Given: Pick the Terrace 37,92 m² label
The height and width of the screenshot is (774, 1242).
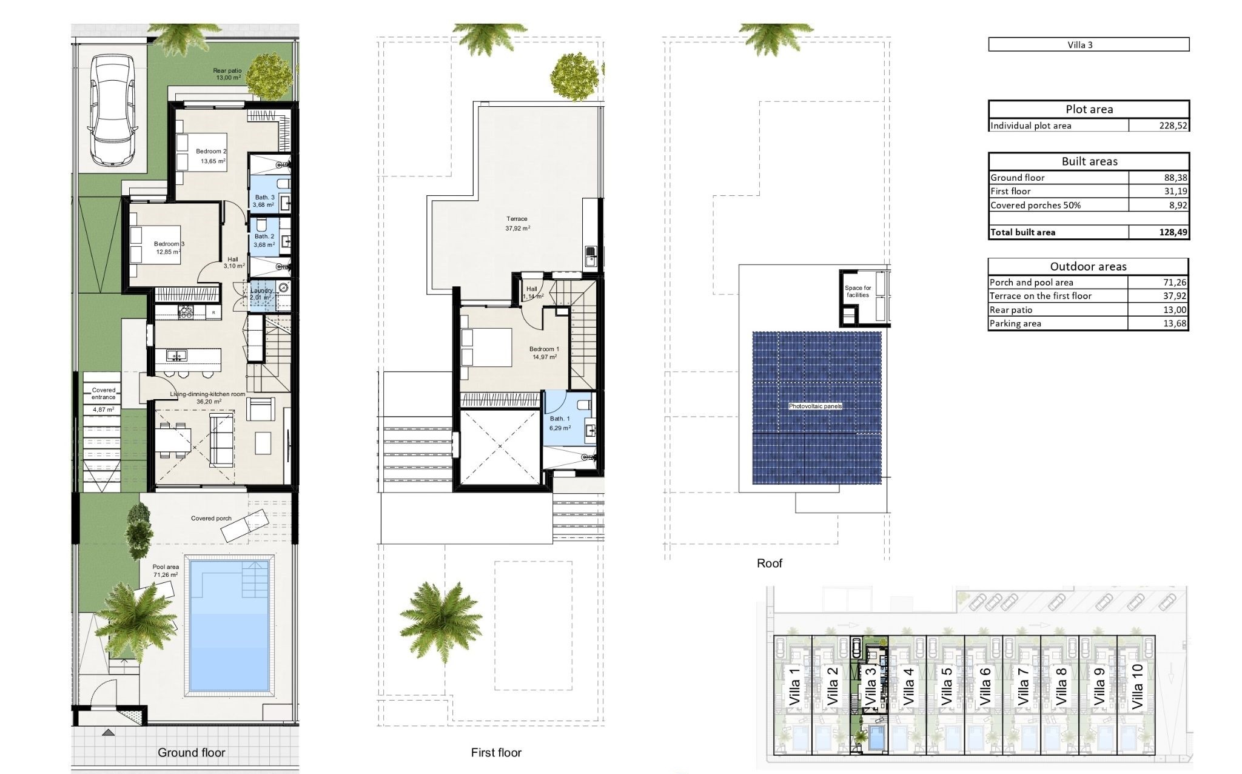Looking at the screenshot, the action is [x=517, y=224].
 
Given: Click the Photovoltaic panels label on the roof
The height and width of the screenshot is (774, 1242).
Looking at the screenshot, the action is [x=815, y=406].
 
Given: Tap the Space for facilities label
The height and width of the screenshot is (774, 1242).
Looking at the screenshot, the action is [x=858, y=292].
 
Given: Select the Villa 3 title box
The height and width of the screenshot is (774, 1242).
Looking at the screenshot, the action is [x=1089, y=44].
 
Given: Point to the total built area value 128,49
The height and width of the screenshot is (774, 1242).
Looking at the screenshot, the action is [x=1173, y=232].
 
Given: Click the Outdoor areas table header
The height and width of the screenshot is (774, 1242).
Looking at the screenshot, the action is [x=1088, y=266].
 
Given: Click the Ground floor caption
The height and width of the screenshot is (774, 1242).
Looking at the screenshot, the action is [x=191, y=752].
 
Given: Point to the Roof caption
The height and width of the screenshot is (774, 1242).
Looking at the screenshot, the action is [x=770, y=563].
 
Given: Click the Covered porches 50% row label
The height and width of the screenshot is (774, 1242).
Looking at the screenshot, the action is [x=1035, y=205].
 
